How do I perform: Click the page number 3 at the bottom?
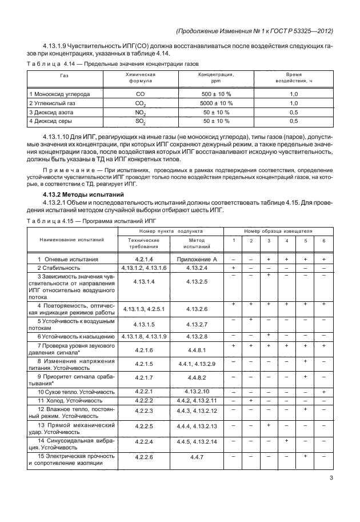[331, 479]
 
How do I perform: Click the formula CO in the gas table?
[140, 94]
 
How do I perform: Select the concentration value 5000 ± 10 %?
[217, 103]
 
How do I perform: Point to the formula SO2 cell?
[140, 121]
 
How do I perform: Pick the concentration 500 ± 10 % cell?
[217, 94]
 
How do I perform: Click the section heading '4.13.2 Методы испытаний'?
[79, 196]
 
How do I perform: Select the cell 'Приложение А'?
[197, 260]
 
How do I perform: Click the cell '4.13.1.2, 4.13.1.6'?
[144, 268]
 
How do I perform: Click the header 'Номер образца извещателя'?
[278, 230]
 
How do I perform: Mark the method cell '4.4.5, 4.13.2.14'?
[197, 442]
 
